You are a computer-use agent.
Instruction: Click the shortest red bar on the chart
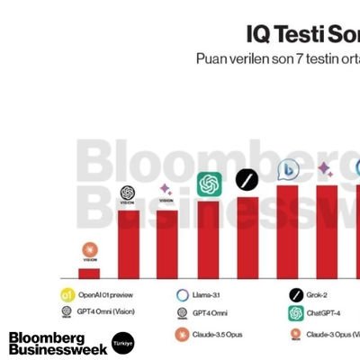click(89, 273)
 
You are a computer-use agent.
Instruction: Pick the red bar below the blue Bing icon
click(287, 231)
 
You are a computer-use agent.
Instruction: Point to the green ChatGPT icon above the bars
click(209, 184)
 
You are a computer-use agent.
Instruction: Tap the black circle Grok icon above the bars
click(247, 180)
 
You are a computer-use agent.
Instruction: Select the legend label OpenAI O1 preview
click(106, 295)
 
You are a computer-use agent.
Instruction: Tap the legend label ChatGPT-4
click(326, 313)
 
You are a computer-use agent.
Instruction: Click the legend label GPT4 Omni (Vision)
click(106, 313)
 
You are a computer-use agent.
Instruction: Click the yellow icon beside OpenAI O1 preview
click(67, 295)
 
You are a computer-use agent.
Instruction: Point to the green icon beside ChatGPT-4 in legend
click(295, 313)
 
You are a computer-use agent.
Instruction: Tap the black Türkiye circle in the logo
click(122, 343)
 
